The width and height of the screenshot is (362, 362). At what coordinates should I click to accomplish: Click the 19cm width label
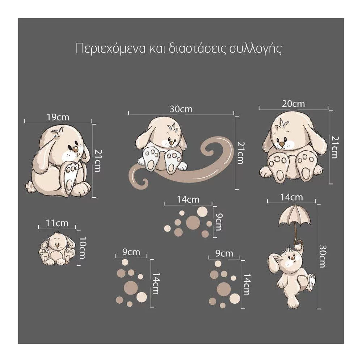[x=58, y=117]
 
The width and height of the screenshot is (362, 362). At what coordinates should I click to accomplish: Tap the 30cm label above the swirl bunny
[x=181, y=109]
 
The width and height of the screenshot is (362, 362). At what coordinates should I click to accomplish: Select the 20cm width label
[x=293, y=104]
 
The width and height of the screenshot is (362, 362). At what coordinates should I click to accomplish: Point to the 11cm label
[x=57, y=223]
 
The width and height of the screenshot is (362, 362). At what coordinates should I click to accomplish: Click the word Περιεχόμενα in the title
[x=110, y=49]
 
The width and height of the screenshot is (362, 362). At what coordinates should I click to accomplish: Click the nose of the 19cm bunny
[x=75, y=150]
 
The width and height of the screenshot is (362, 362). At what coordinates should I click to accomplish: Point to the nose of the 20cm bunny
[x=282, y=144]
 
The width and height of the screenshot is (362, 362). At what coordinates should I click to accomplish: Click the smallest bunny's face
[x=57, y=243]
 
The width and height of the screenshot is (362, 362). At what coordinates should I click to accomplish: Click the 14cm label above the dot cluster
[x=188, y=199]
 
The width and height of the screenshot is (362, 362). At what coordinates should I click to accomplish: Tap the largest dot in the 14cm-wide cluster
[x=193, y=223]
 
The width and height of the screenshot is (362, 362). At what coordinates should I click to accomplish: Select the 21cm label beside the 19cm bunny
[x=98, y=161]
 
